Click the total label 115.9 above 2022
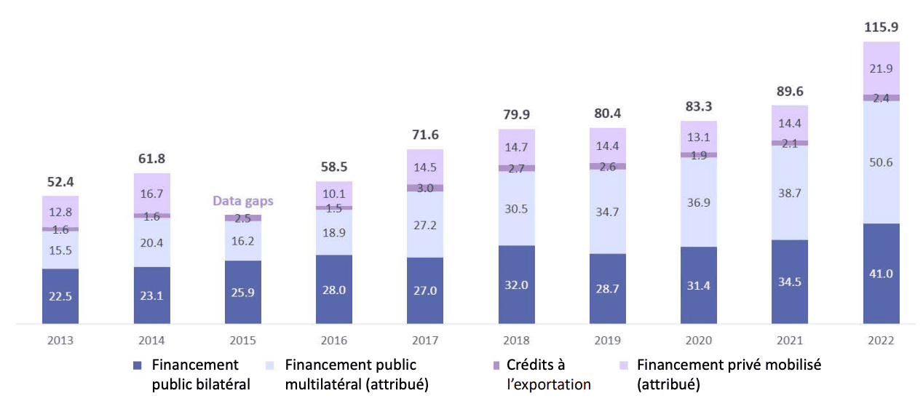pos(882,27)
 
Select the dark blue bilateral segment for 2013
pos(60,296)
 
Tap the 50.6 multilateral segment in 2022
pos(882,162)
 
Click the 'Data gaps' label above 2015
pos(242,200)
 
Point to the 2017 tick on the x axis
pos(425,340)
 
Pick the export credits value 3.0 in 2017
pos(425,188)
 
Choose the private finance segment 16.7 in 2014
pos(151,194)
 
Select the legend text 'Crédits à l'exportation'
pos(548,374)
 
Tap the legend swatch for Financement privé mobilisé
pos(623,365)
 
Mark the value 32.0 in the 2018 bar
pos(516,285)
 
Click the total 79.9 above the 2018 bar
pos(516,114)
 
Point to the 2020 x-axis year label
pos(699,340)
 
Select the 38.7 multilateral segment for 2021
pos(790,192)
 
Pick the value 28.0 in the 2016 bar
pos(334,290)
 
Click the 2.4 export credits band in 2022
pos(882,98)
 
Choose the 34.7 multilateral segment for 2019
pos(608,212)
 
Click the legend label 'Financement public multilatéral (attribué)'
pos(357,374)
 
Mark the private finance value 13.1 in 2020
pos(699,137)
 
